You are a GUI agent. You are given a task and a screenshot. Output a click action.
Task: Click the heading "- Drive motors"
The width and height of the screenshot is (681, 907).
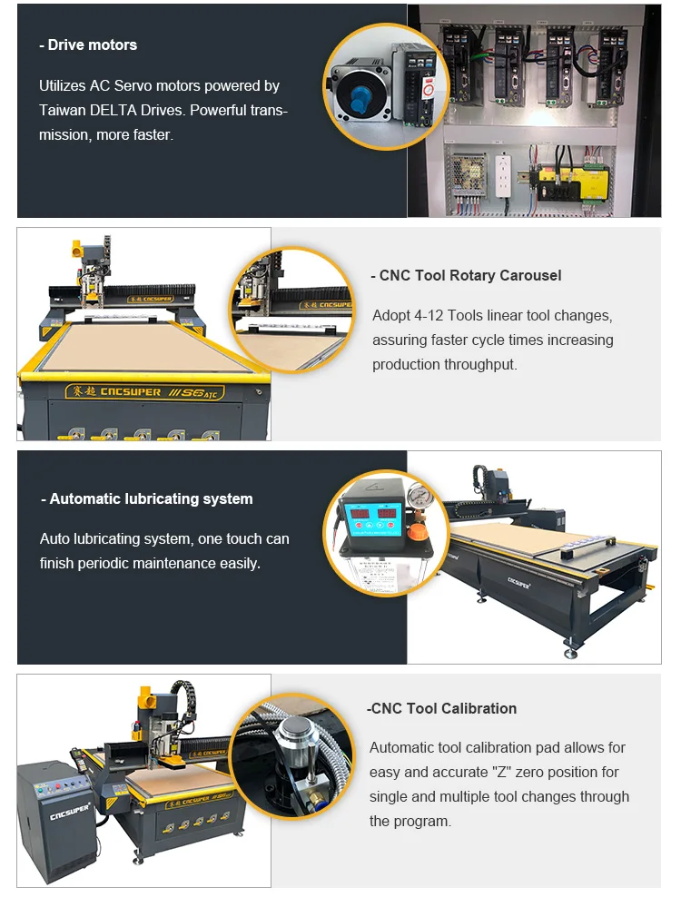[88, 44]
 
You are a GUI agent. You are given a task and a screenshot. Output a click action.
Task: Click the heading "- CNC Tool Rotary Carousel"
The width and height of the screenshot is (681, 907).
[466, 275]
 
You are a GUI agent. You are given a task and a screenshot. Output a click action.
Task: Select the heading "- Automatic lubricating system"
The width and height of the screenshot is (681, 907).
[147, 498]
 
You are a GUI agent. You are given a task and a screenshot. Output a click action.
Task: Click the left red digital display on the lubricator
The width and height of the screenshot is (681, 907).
[355, 516]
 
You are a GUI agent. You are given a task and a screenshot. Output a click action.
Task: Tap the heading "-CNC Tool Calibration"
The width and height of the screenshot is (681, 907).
[441, 708]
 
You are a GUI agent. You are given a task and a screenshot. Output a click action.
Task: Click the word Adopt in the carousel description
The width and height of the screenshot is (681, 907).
[392, 316]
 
